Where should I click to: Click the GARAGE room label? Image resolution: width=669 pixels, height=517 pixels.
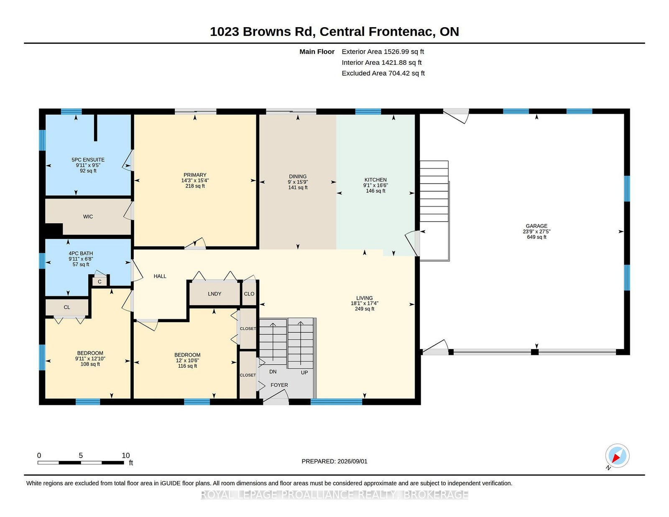tap(536, 226)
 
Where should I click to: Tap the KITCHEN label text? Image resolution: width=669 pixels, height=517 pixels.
tap(375, 180)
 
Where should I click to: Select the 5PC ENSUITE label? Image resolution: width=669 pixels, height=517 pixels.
tap(88, 160)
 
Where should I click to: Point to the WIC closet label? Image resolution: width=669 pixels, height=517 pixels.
tap(88, 216)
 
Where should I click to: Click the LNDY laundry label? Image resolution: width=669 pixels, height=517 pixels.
tap(214, 294)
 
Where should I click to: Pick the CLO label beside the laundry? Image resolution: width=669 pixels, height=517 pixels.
tap(249, 294)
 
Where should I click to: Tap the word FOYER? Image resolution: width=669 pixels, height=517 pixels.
tap(279, 385)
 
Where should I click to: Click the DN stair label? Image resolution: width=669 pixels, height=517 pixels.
tap(273, 372)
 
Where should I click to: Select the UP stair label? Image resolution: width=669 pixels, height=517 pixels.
tap(304, 373)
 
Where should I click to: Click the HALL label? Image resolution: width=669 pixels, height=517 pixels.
tap(160, 276)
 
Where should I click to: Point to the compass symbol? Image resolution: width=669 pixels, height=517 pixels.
tap(617, 456)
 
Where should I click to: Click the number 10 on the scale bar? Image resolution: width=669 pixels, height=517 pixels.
tap(125, 456)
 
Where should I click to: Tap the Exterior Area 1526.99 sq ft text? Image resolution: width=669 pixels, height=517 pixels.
tap(383, 52)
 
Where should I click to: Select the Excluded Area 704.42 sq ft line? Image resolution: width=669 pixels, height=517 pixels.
tap(383, 73)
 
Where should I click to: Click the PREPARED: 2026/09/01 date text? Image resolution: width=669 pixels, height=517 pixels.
tap(334, 461)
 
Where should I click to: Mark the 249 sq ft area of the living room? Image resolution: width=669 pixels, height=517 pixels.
tap(365, 309)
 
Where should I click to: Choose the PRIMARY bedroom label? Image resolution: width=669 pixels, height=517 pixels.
tap(195, 175)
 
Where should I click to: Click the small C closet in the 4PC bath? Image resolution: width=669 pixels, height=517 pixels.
tap(100, 282)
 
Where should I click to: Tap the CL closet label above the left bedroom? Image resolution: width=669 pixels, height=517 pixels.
tap(67, 307)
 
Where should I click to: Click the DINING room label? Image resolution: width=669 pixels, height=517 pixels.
tap(298, 176)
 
